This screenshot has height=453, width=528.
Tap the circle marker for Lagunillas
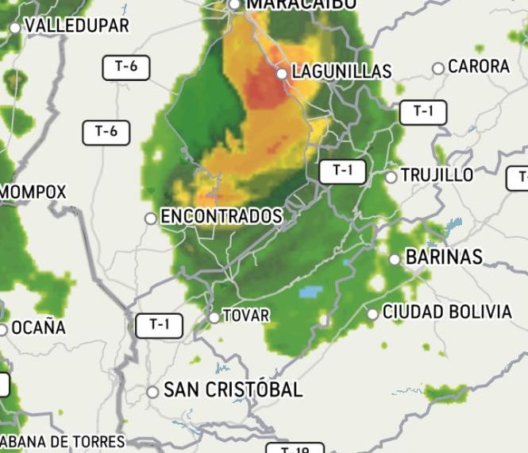click(282, 73)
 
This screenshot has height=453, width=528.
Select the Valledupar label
click(77, 25)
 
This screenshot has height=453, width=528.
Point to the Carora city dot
click(437, 68)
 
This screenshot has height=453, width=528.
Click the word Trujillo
click(436, 175)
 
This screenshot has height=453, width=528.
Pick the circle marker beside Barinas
click(395, 259)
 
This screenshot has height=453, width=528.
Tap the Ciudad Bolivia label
click(447, 312)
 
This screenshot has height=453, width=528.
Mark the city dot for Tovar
click(214, 318)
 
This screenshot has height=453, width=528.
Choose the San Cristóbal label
click(233, 390)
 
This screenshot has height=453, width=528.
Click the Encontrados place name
click(222, 216)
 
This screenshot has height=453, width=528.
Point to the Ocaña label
click(39, 327)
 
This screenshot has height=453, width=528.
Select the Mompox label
click(33, 192)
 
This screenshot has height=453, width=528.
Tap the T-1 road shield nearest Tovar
click(159, 324)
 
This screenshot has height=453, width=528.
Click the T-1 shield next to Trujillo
click(342, 171)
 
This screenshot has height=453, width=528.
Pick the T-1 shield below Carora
click(423, 113)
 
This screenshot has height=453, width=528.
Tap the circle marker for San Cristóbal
click(152, 392)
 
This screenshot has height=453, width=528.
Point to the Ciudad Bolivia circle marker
click(372, 314)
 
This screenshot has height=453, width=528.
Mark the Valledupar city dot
click(15, 28)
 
